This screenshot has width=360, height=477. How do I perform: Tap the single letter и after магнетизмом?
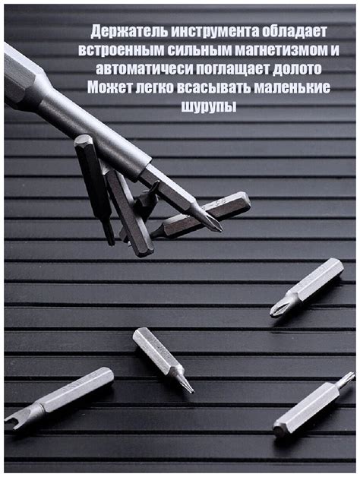(334, 51)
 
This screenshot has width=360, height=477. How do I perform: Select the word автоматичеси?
(140, 69)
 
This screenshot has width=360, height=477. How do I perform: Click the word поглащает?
(232, 69)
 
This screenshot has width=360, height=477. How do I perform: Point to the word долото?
(302, 69)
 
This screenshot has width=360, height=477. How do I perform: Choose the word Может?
(109, 87)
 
